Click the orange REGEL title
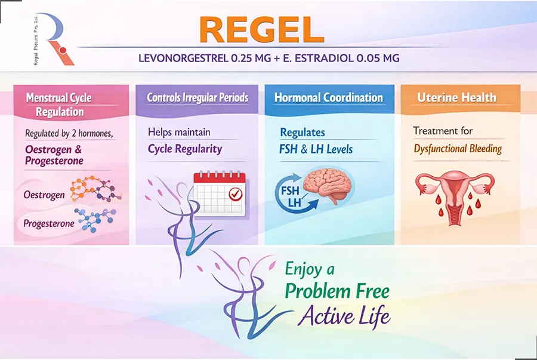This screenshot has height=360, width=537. [x=262, y=30]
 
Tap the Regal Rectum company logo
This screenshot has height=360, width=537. [x=54, y=39]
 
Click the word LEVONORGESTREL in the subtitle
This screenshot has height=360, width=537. [x=183, y=58]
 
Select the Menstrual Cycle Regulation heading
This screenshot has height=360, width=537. [x=59, y=104]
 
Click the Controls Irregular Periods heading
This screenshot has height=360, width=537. [x=197, y=98]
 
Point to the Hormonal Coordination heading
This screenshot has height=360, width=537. [x=328, y=98]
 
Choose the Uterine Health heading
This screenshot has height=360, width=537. [x=456, y=98]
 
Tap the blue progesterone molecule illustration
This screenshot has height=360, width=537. [x=95, y=220]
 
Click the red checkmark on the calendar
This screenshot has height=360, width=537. [x=236, y=194]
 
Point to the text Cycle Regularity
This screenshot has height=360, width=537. [x=185, y=149]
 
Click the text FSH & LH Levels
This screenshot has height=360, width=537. [x=316, y=149]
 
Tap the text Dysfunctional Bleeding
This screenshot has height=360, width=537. [x=458, y=149]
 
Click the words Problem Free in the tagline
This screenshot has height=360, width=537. [x=337, y=291]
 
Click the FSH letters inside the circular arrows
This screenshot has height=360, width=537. [x=290, y=190]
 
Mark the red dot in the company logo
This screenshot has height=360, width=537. [x=62, y=51]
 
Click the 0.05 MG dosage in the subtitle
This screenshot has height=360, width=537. [x=378, y=58]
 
